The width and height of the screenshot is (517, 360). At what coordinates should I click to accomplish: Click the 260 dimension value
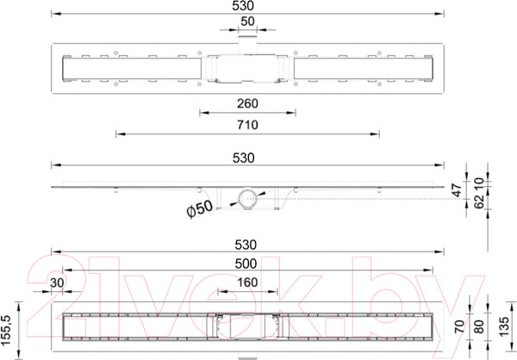pos(247,103)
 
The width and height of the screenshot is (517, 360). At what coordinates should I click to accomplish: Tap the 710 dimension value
pos(247,125)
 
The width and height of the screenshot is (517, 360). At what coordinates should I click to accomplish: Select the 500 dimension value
pos(246,264)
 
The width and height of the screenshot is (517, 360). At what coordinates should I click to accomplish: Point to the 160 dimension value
pos(247,282)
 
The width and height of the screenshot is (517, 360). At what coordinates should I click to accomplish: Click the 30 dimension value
pos(57,282)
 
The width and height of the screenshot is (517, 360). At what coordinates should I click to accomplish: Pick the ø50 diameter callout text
pos(200,208)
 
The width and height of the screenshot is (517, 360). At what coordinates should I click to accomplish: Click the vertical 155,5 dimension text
pos(6,331)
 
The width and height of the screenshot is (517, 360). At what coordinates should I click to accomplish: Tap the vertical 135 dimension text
pos(503,326)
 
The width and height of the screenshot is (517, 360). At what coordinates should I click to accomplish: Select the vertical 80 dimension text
pos(478,326)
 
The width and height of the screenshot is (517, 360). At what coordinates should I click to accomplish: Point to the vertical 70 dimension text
pos(459,326)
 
